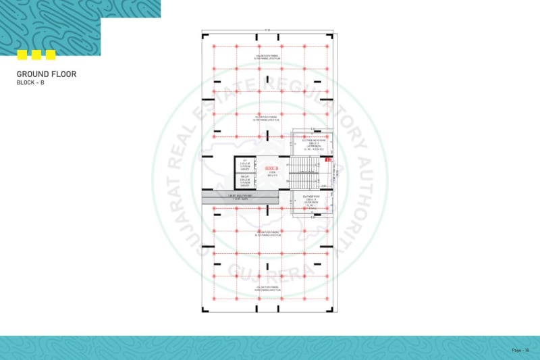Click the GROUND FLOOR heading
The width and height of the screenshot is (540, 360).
46,74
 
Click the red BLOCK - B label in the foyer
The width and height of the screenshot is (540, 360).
271,168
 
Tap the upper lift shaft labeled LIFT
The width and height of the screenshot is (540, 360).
244,165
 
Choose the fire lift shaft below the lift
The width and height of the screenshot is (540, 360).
244,181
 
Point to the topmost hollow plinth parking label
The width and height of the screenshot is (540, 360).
269,57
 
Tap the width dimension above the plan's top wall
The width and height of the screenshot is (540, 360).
268,30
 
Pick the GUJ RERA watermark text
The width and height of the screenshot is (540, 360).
269,274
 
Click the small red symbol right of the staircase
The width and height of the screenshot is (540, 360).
328,160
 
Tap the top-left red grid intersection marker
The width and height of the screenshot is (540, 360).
214,46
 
